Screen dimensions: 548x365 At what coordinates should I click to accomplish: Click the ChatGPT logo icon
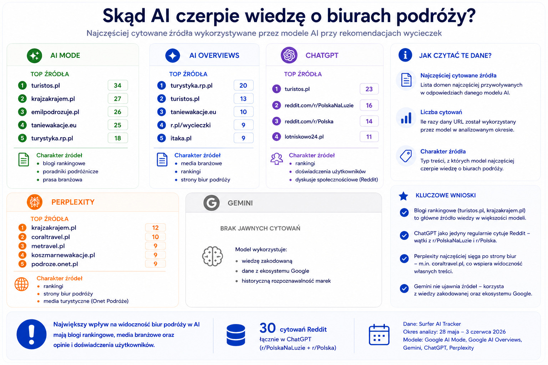289,55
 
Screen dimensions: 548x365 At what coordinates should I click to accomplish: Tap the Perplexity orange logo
35,202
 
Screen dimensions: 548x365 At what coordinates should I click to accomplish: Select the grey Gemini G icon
211,203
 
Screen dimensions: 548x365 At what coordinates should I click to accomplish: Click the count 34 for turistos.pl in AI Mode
117,86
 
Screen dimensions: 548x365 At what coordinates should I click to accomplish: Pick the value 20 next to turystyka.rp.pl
243,86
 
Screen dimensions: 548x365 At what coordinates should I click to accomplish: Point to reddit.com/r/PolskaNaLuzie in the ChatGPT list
319,106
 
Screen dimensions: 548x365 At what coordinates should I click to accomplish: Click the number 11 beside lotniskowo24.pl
369,137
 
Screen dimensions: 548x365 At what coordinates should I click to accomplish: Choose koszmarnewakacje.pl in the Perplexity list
63,255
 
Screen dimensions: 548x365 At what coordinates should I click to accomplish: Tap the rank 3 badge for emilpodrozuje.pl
22,112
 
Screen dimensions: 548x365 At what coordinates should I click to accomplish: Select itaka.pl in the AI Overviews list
181,138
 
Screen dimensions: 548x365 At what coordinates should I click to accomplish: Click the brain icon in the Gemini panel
212,256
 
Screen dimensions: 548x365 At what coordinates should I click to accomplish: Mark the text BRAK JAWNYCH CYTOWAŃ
260,228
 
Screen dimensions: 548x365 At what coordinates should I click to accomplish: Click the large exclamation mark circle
31,334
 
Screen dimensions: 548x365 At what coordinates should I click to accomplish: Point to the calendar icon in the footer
379,334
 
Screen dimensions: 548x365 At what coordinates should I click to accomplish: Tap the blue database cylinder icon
236,335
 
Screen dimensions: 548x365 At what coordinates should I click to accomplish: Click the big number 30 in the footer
267,328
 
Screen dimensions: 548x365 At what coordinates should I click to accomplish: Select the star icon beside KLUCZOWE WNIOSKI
404,196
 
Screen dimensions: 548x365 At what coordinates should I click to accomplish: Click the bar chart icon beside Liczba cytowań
406,118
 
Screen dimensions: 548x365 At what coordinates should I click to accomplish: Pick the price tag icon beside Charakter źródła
406,156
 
